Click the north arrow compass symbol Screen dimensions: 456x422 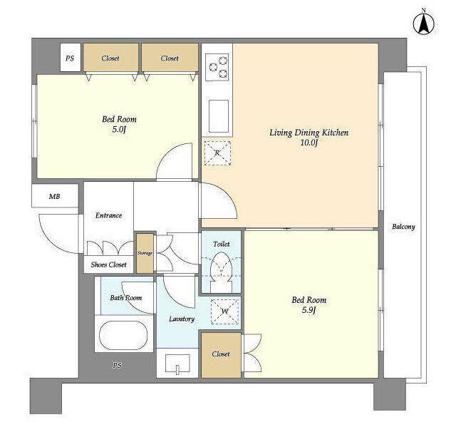[x=424, y=24]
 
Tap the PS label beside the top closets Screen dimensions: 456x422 [x=70, y=58]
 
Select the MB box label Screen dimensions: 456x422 [x=54, y=197]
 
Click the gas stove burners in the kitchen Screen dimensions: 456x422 [x=217, y=67]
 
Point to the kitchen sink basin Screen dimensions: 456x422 [x=219, y=116]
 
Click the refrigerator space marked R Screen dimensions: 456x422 [x=217, y=153]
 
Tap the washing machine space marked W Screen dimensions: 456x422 [x=225, y=312]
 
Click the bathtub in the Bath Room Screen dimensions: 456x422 [x=123, y=335]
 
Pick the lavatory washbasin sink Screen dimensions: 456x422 [x=177, y=364]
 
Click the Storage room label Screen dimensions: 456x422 [x=145, y=253]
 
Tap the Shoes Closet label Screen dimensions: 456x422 [x=108, y=265]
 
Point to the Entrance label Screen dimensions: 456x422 [x=108, y=215]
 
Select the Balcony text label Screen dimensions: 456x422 [x=403, y=227]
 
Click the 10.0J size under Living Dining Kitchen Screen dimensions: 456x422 [x=309, y=143]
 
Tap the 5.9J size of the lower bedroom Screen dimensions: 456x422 [x=309, y=310]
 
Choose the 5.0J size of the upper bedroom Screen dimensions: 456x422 [x=119, y=130]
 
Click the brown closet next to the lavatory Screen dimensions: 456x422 [x=221, y=355]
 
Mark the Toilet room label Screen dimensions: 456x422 [x=222, y=244]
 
